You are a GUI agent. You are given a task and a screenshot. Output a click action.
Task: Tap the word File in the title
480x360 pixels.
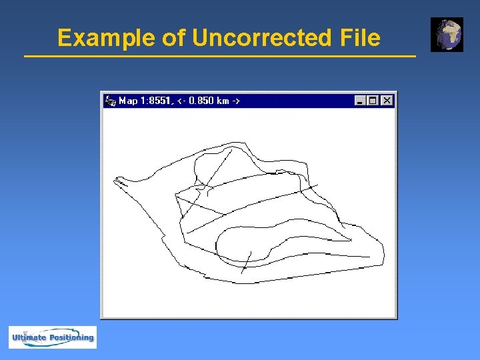coord(359,38)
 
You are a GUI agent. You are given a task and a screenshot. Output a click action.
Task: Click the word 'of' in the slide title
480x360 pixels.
coord(173,38)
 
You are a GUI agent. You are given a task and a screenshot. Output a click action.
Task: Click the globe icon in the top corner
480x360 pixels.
coord(447,35)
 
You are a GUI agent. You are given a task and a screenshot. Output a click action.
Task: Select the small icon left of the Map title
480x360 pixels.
coord(111,101)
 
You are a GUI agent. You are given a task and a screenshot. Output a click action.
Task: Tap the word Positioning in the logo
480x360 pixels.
coord(71,337)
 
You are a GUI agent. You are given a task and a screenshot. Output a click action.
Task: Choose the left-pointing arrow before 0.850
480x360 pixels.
coord(182,101)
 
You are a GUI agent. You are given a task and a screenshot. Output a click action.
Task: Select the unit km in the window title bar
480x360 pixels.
coord(223,101)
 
